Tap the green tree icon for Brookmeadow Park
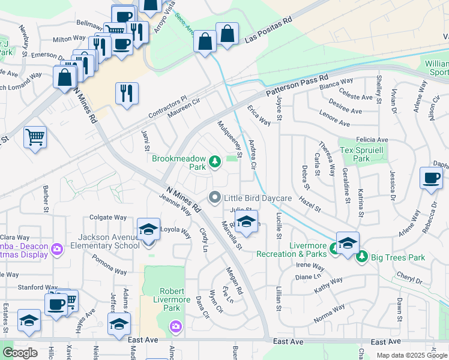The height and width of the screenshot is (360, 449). pyautogui.click(x=214, y=160)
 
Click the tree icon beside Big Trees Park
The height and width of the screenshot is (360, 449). pyautogui.click(x=361, y=257)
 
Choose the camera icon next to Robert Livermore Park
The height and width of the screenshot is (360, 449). pyautogui.click(x=176, y=326)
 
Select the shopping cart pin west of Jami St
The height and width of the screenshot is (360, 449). pyautogui.click(x=35, y=137)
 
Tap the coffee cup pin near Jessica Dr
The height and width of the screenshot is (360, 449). pyautogui.click(x=431, y=178)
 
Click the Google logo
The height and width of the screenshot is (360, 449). pyautogui.click(x=20, y=353)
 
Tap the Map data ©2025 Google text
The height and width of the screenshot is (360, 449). pyautogui.click(x=412, y=355)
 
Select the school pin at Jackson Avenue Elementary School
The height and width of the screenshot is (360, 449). pyautogui.click(x=148, y=230)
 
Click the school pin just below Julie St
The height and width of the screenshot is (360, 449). pyautogui.click(x=246, y=223)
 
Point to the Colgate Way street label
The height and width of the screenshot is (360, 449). pyautogui.click(x=108, y=218)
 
